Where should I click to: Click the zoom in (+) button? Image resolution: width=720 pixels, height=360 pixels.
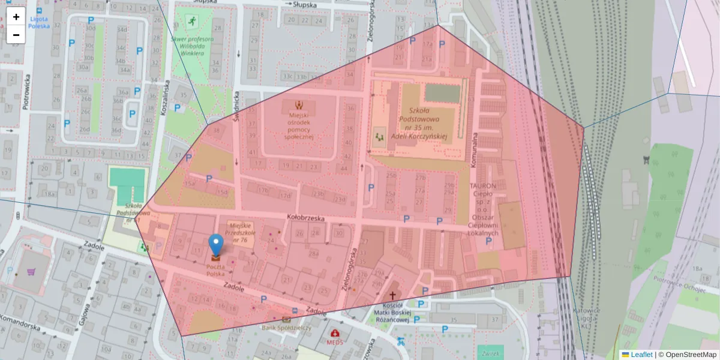click(x=16, y=17)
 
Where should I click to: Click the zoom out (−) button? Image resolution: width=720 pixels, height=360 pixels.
click(x=16, y=35)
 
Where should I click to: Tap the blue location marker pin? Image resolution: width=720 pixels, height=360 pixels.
click(x=215, y=246)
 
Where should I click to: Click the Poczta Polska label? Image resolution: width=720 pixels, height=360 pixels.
click(x=215, y=270)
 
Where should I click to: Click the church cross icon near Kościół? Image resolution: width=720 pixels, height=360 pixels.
click(x=393, y=295)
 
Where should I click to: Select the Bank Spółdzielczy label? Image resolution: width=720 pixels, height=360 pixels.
click(x=286, y=328)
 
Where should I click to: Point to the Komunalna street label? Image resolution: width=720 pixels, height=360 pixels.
click(x=473, y=150)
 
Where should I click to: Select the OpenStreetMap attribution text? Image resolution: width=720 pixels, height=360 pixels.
click(x=690, y=355)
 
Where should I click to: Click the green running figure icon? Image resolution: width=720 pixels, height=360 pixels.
click(x=191, y=22)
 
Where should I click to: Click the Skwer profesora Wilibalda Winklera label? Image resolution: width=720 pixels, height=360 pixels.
click(x=192, y=46)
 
